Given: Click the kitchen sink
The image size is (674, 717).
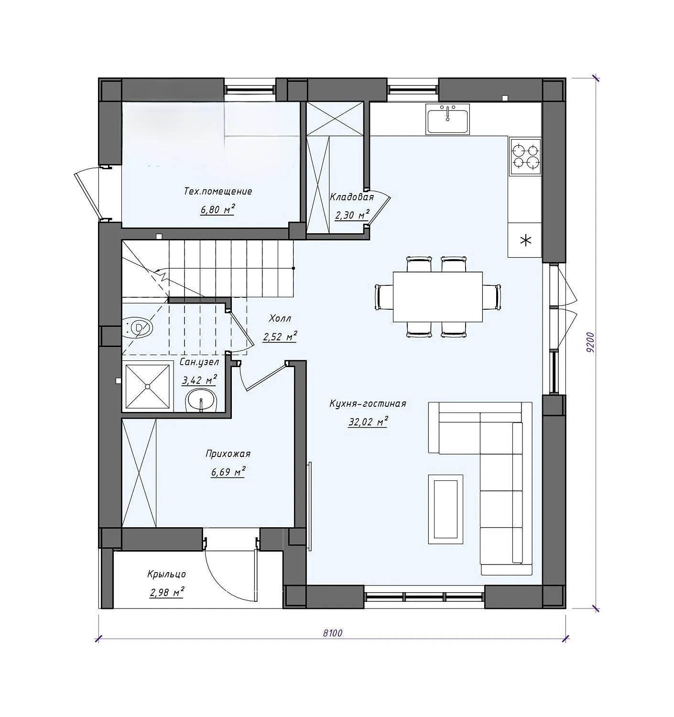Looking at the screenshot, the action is tap(447, 119).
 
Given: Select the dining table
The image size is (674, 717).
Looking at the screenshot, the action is tap(438, 297).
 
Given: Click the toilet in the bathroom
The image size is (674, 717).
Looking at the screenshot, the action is tap(138, 328).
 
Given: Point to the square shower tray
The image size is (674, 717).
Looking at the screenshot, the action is tap(147, 386).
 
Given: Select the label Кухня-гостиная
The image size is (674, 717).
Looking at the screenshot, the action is tap(368, 403).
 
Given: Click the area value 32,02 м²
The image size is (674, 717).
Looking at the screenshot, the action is tap(368, 422).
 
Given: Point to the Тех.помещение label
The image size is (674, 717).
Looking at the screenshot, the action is tap(218, 191).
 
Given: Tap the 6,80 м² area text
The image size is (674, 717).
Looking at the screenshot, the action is tap(218, 209).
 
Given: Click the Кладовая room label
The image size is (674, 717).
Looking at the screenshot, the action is tap(352, 197).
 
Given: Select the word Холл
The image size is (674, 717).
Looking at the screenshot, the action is tap(280, 318).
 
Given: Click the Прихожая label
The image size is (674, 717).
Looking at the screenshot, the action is tap(228, 454).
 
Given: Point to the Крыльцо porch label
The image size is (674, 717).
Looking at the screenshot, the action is tap(166, 574).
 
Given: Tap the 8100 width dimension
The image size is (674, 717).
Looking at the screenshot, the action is tap(333, 633).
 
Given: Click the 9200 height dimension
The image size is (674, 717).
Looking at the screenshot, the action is tap(590, 342).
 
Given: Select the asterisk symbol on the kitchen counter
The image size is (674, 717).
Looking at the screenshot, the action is tap(525, 240).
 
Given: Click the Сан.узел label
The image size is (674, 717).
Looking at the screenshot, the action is tap(199, 362).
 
